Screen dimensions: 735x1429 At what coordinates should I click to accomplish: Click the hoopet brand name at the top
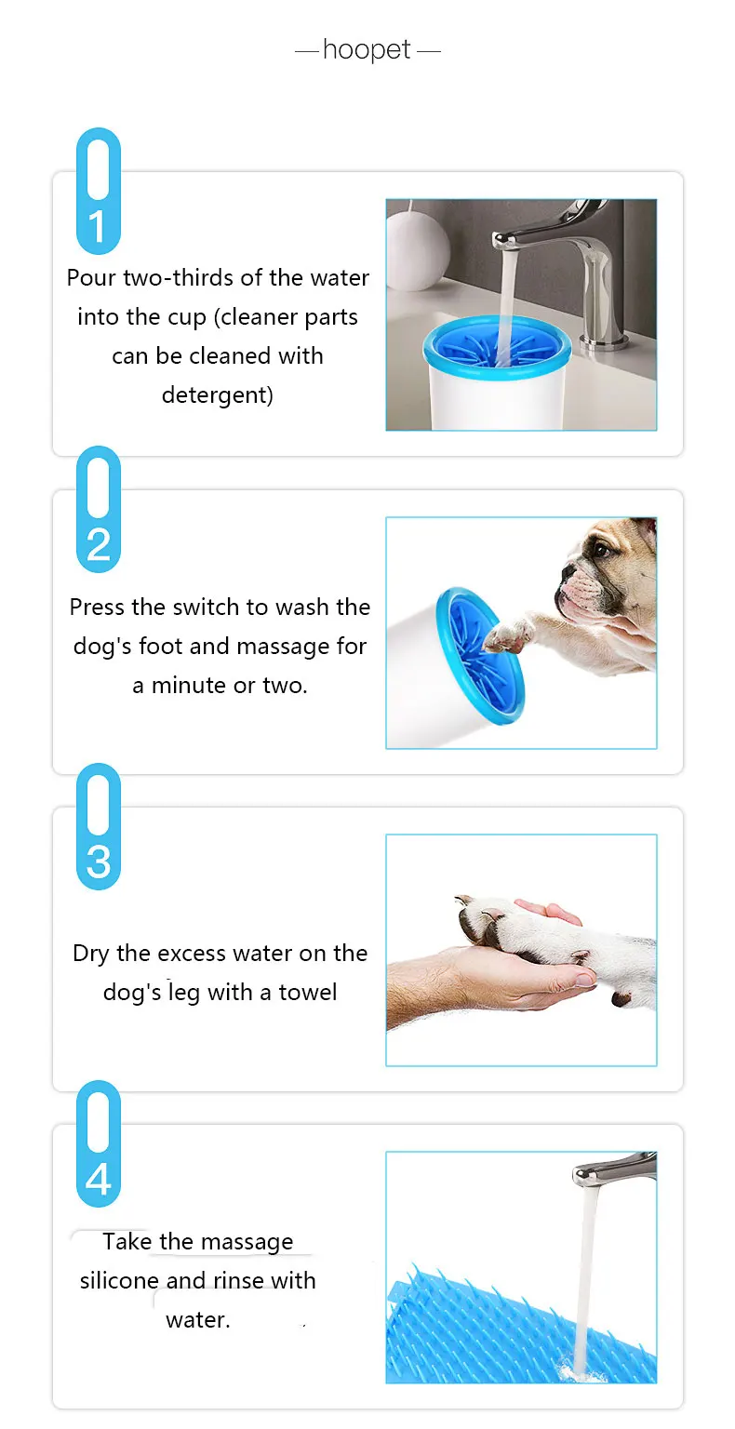click(367, 49)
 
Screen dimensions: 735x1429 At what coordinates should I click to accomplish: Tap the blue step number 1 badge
click(99, 191)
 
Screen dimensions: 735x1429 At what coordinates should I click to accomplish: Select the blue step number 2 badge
click(99, 509)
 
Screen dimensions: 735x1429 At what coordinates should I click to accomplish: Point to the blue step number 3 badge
click(99, 826)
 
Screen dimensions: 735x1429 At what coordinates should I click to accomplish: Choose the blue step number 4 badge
click(99, 1143)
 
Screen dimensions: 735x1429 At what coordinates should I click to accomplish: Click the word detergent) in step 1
click(218, 394)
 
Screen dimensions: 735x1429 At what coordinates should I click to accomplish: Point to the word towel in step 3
click(308, 992)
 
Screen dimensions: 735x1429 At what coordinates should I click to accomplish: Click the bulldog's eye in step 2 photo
click(599, 548)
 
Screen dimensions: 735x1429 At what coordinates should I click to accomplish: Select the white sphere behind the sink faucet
click(418, 251)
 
